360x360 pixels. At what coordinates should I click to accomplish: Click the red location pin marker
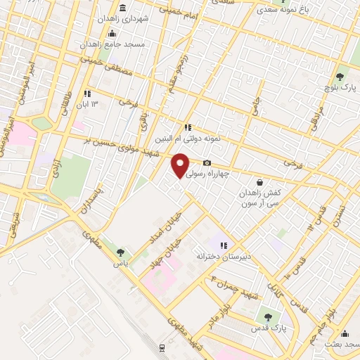pyautogui.click(x=181, y=165)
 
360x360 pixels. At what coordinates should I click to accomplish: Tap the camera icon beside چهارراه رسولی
pyautogui.click(x=207, y=162)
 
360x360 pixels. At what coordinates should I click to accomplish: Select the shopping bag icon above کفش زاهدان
pyautogui.click(x=260, y=182)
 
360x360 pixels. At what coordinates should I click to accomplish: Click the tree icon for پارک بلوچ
pyautogui.click(x=340, y=76)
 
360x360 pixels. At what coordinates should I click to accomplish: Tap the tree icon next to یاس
pyautogui.click(x=121, y=252)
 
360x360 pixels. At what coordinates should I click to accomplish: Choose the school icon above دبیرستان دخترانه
pyautogui.click(x=223, y=245)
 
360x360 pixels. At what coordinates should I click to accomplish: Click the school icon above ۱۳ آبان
pyautogui.click(x=86, y=94)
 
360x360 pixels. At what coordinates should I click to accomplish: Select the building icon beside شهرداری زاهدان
pyautogui.click(x=123, y=8)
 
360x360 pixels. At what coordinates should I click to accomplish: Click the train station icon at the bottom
pyautogui.click(x=162, y=347)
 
